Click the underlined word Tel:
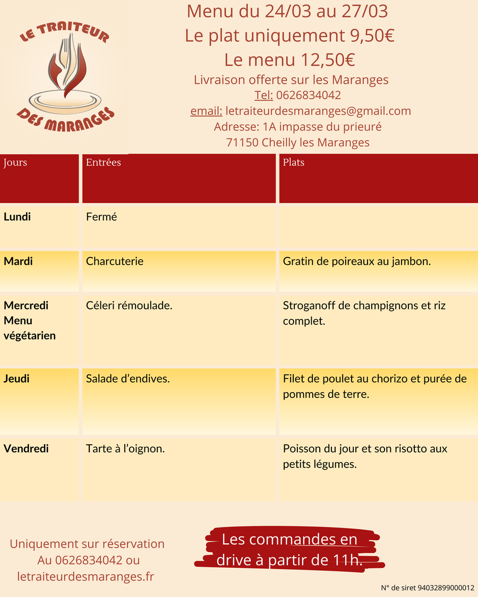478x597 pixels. point(263,96)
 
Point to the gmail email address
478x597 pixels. point(318,111)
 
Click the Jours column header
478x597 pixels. point(15,162)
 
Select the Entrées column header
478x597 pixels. point(104,162)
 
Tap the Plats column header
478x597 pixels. point(294,162)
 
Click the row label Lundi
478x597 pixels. point(17,217)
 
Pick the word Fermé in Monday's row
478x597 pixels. point(101,217)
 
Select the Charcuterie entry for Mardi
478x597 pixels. point(115,261)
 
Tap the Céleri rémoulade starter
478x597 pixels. point(129,306)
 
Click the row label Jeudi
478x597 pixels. point(16,379)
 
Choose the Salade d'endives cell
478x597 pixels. point(128,379)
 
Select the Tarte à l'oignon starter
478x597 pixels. point(125,449)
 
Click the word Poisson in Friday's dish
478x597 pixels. point(302,449)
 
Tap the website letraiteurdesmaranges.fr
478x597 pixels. point(86,576)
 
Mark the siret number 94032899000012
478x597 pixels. point(446,587)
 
